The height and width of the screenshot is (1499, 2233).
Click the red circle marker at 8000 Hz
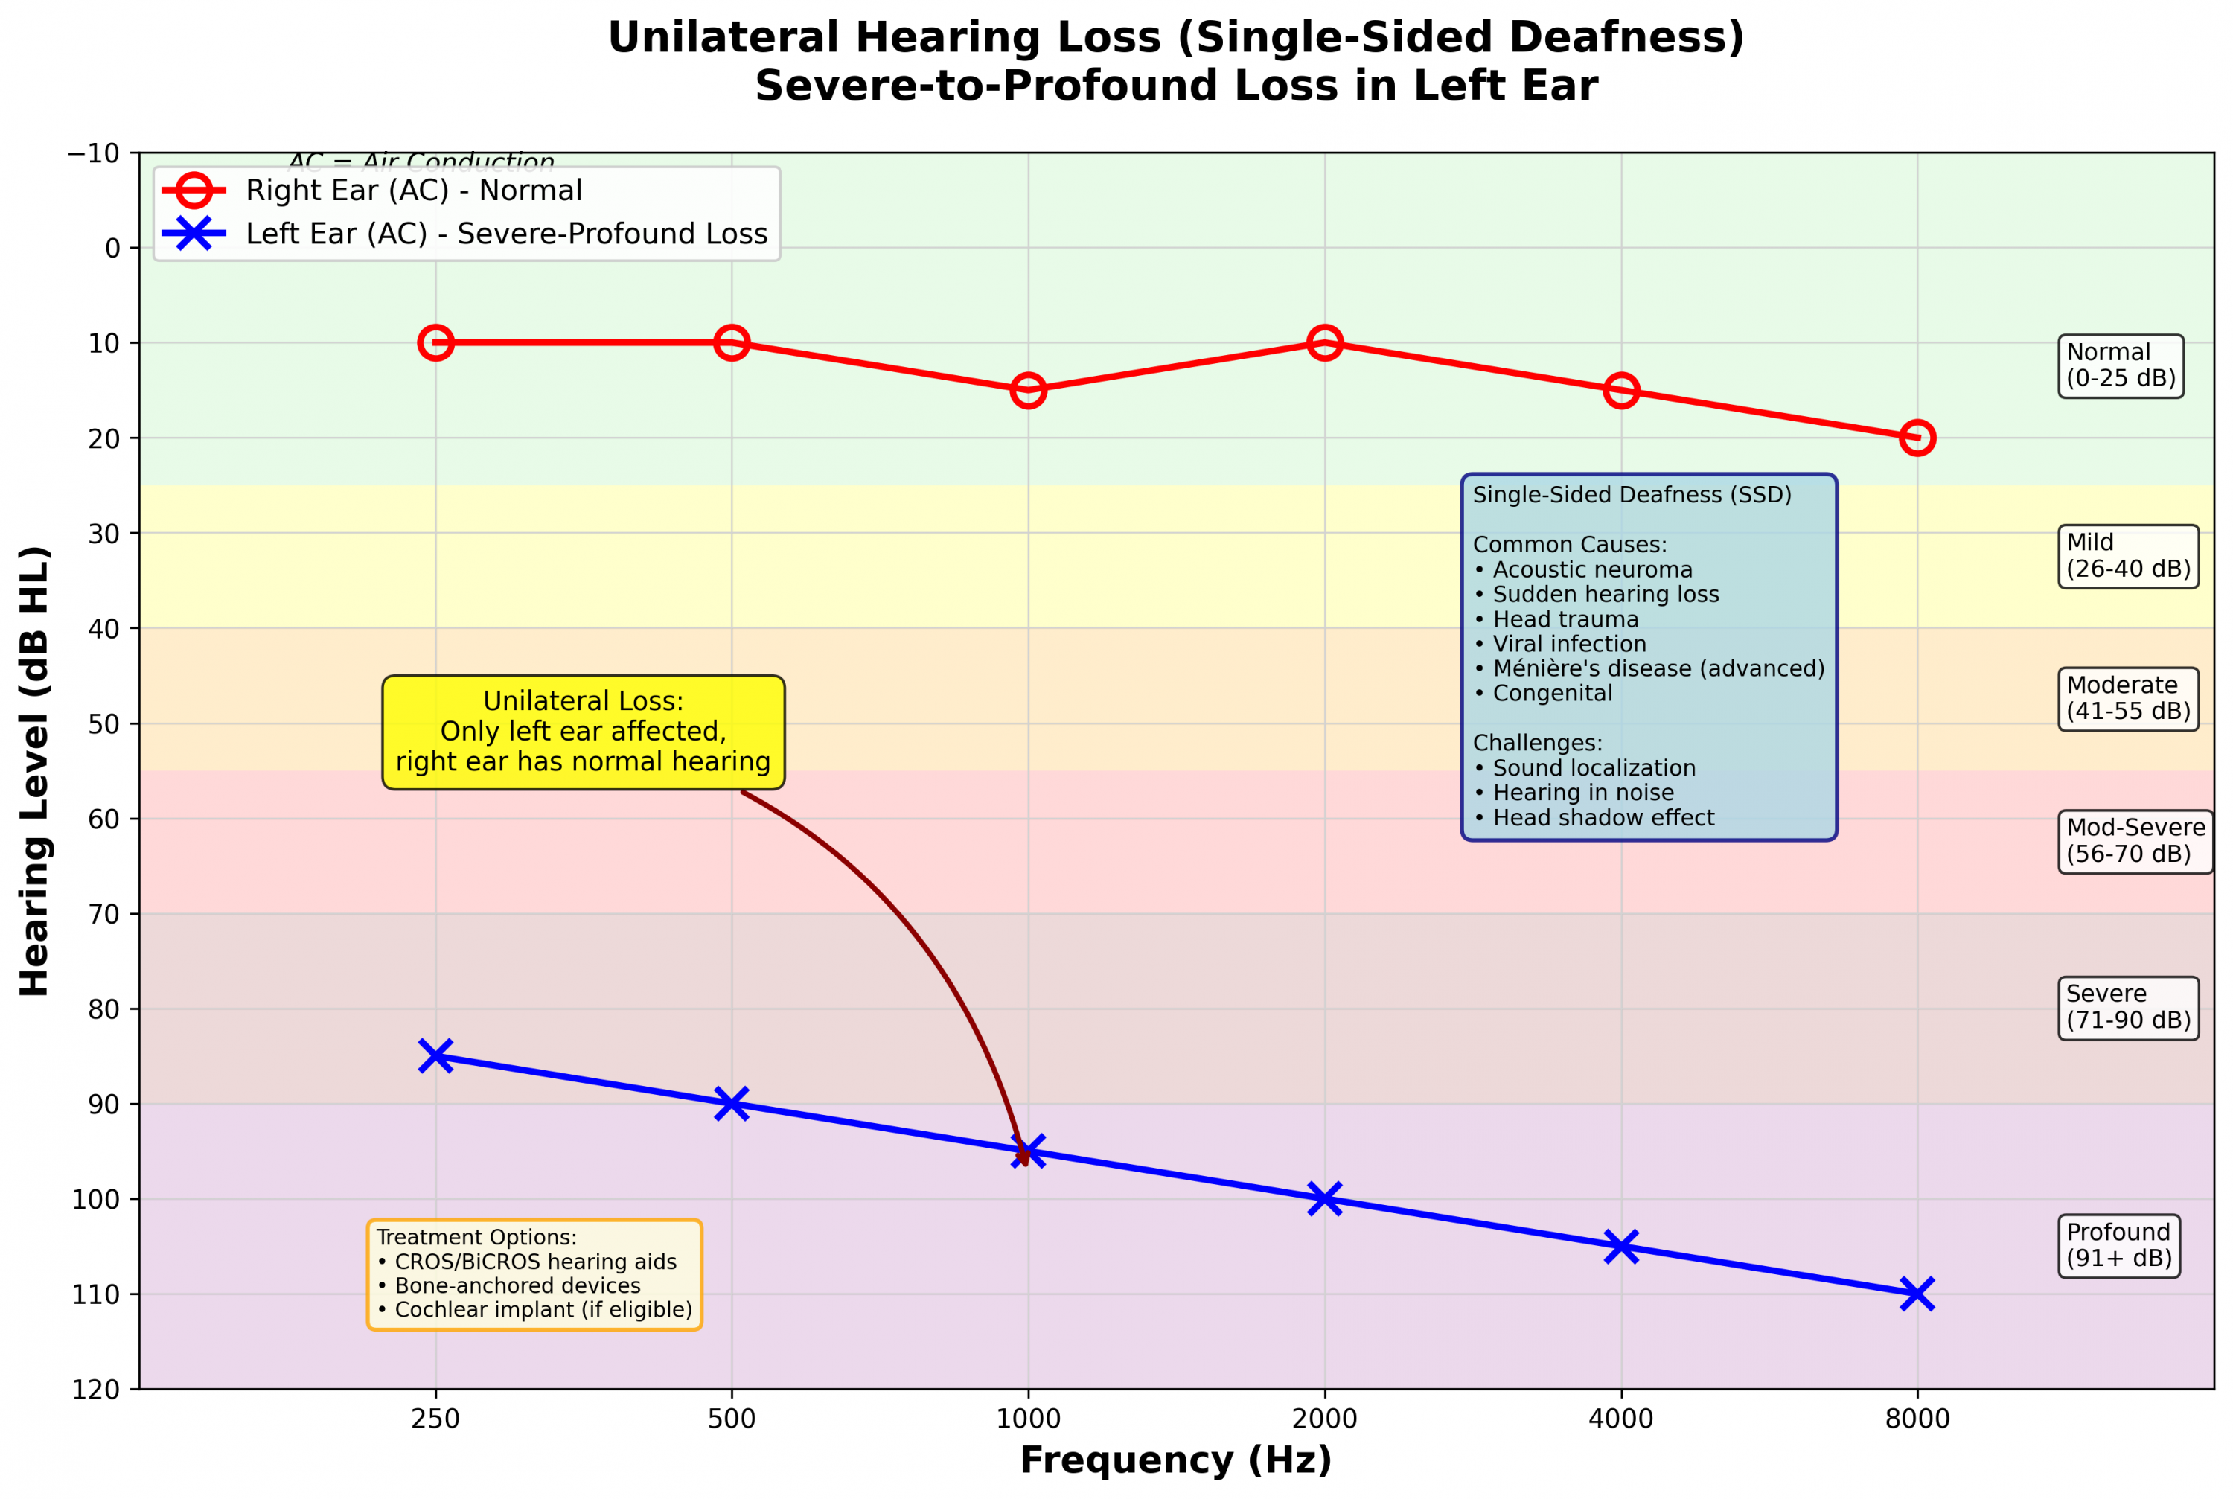tap(1917, 438)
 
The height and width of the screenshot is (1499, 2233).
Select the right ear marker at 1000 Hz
tap(1028, 390)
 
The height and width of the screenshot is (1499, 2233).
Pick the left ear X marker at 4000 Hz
tap(1621, 1247)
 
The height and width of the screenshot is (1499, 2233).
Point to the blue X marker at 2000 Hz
tap(1324, 1199)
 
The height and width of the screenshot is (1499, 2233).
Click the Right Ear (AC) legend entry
tap(413, 191)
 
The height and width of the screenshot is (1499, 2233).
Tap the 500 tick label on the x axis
tap(731, 1419)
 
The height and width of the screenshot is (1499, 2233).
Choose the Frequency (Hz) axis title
tap(1176, 1461)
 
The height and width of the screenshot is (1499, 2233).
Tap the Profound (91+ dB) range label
tap(2119, 1246)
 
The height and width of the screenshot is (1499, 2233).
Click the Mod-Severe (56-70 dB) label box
tap(2135, 841)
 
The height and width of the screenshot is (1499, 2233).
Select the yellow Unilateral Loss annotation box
tap(583, 732)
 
